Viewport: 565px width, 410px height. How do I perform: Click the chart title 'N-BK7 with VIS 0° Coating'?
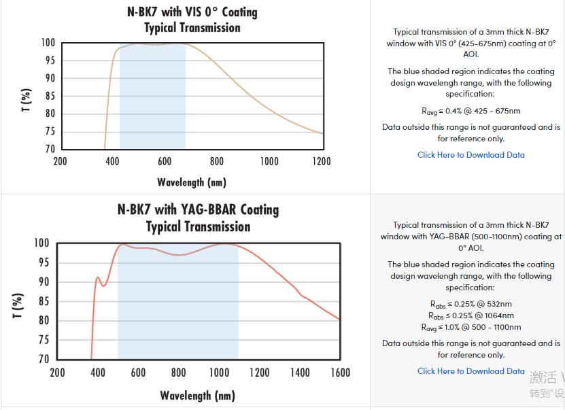coord(192,12)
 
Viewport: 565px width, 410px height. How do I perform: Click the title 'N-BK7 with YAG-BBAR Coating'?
coord(198,209)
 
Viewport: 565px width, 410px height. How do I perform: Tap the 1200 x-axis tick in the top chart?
coord(322,161)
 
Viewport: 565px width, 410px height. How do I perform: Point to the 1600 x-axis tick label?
coord(340,372)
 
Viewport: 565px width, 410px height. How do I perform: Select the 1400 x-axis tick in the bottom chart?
coord(299,372)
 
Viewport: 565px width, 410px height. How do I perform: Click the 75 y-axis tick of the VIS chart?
coord(50,131)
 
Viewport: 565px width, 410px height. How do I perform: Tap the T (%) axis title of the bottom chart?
coord(18,305)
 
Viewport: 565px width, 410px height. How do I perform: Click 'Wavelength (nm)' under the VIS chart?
coord(192,182)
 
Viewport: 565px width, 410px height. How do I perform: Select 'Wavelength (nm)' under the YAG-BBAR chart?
coord(198,395)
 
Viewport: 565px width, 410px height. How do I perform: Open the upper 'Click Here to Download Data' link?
coord(471,155)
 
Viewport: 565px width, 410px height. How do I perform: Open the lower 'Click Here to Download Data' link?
coord(471,371)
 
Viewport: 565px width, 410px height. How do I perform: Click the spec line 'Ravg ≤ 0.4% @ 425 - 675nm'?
coord(471,111)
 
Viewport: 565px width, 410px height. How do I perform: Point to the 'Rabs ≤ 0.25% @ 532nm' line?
coord(471,304)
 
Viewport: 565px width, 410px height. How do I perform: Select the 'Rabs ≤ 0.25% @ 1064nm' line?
coord(471,315)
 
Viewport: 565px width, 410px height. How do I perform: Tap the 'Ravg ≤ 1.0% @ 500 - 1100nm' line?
coord(471,327)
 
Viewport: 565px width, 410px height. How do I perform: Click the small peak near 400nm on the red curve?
coord(98,277)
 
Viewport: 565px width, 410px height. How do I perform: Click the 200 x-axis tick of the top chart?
coord(61,161)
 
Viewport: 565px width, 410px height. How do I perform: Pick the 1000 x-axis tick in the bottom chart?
coord(219,372)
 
